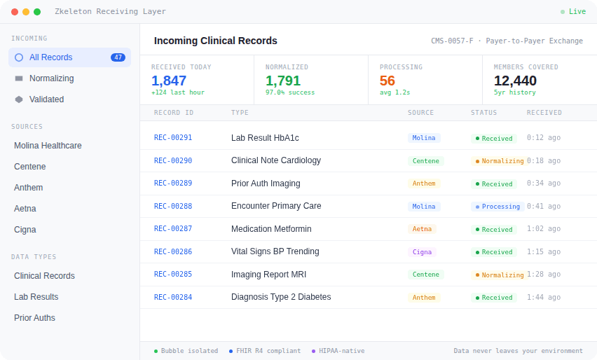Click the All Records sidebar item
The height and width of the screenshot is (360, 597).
click(x=50, y=57)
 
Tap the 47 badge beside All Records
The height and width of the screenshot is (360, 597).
click(x=118, y=57)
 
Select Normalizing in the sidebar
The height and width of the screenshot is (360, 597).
click(x=51, y=78)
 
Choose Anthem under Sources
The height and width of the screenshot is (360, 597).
click(x=29, y=188)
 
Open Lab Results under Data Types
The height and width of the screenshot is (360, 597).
click(x=36, y=297)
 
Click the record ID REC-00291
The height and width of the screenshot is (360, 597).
click(x=173, y=138)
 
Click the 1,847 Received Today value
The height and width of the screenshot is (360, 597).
click(x=169, y=81)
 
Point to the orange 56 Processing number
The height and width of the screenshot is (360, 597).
click(x=387, y=81)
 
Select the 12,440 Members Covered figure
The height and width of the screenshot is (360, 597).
click(x=515, y=81)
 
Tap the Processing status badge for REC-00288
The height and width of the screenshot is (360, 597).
click(x=497, y=207)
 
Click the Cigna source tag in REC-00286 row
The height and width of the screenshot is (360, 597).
click(x=422, y=252)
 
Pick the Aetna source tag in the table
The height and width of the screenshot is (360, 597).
click(x=422, y=229)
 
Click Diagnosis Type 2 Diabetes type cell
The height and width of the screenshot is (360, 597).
click(x=281, y=297)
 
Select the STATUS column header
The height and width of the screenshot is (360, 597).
click(x=483, y=113)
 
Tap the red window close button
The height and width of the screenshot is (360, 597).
click(x=15, y=12)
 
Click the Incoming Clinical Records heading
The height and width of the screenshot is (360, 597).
click(x=216, y=41)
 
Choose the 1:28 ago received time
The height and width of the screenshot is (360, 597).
click(x=544, y=275)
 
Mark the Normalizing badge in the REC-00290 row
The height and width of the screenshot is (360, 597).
click(x=500, y=161)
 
